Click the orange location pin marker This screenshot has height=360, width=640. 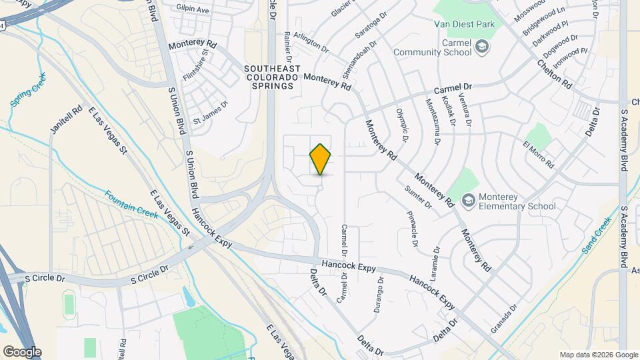(x=321, y=159)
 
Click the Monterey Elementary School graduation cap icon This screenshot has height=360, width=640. (x=469, y=199)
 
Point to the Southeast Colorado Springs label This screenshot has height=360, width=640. (x=271, y=77)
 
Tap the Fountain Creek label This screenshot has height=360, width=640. (x=131, y=204)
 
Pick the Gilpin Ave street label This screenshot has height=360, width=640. (x=193, y=11)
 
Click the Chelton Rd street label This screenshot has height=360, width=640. (x=555, y=75)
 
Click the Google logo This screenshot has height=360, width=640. (x=22, y=351)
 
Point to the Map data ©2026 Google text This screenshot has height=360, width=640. (x=598, y=354)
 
